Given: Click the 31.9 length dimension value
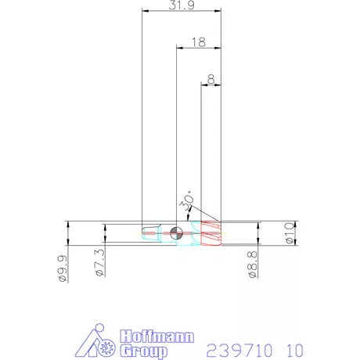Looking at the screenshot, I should tap(180, 5).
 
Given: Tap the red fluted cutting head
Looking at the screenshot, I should tap(212, 233).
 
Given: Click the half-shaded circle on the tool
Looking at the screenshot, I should tap(176, 232).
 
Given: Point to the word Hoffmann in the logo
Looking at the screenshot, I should tap(157, 338).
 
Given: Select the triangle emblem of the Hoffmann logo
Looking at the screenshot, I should tap(99, 344).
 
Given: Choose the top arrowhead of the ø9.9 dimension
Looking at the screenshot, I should tap(68, 225).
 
